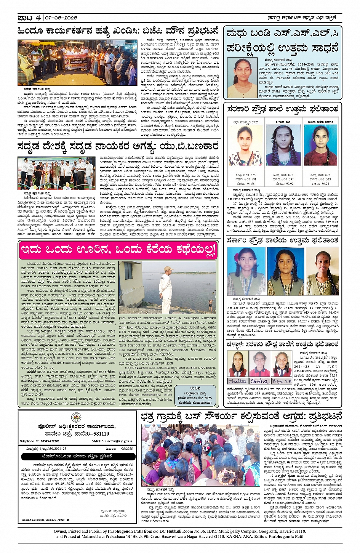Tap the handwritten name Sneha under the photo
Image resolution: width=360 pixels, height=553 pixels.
point(260,381)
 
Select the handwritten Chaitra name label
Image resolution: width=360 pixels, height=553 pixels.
point(237,381)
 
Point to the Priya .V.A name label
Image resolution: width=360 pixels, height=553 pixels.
point(282,381)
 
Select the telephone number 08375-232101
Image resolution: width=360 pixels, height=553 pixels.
point(40,441)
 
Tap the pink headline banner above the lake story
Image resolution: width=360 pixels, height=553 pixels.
point(118,250)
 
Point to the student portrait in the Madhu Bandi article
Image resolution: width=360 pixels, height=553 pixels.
point(242,77)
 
